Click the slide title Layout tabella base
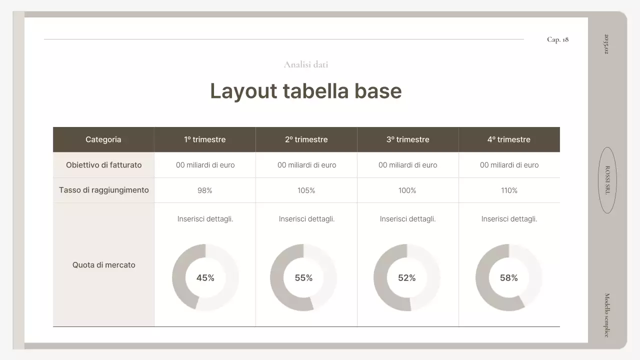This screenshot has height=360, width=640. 305,91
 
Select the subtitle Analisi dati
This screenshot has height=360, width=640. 306,64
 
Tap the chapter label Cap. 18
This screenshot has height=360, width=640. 557,39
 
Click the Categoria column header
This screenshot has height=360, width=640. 103,139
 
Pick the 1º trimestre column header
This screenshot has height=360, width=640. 204,139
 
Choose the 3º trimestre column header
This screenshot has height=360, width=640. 407,139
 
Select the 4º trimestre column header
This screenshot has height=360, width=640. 509,139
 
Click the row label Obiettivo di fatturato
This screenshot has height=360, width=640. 103,165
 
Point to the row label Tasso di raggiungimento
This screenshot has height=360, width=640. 103,190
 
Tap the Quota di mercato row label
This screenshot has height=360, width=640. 103,265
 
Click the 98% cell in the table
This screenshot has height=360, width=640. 205,190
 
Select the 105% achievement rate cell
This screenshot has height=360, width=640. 306,190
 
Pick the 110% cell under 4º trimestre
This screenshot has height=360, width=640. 509,190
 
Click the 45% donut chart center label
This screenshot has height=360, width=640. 205,278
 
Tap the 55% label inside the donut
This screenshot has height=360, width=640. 303,278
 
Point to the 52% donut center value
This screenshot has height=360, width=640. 407,278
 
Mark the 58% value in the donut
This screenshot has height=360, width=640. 509,278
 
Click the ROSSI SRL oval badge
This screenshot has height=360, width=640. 607,180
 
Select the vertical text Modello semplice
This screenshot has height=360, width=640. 607,315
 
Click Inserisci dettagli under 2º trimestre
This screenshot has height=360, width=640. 306,219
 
